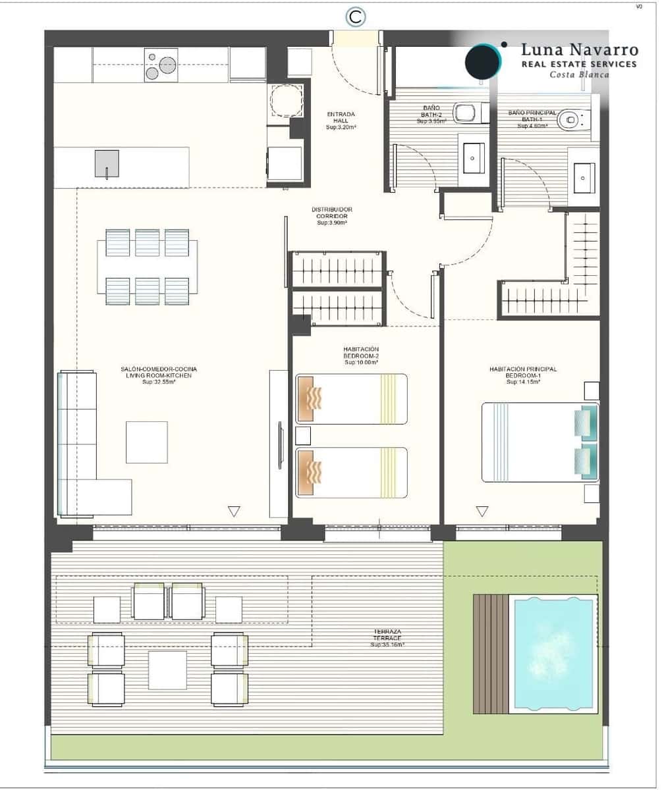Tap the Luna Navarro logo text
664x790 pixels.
coord(578,50)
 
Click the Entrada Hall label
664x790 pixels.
coord(341,120)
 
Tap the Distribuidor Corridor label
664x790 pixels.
coord(331,216)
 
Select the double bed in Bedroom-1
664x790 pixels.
coord(539,442)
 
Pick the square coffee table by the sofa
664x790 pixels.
coord(146,442)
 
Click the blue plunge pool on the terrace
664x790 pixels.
coord(553,654)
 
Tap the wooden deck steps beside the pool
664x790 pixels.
coord(490,654)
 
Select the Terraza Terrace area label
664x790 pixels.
coord(387,638)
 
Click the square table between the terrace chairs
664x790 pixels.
coord(167,670)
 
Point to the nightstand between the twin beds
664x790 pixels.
coord(303,435)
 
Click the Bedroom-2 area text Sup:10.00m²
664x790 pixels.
coord(360,363)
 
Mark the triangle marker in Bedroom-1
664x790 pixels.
coord(482,511)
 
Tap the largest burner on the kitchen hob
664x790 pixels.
coord(167,65)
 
